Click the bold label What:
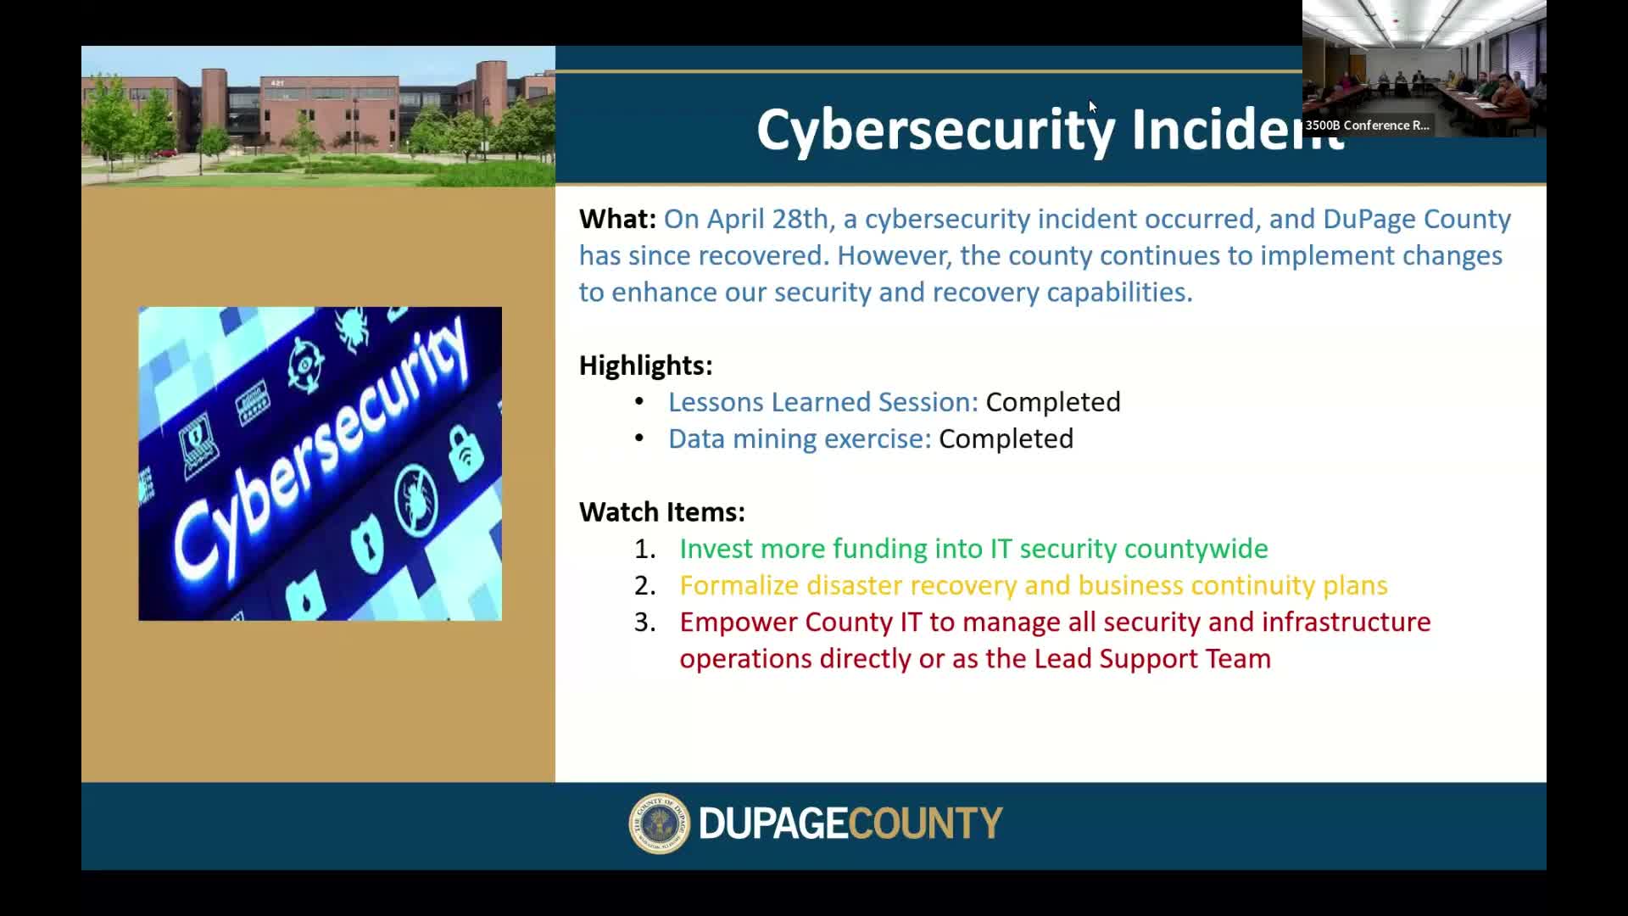pyautogui.click(x=617, y=219)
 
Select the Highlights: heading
pyautogui.click(x=646, y=366)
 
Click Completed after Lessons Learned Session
pyautogui.click(x=1053, y=402)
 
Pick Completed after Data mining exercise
pyautogui.click(x=1006, y=438)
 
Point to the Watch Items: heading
pyautogui.click(x=662, y=512)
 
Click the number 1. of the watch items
pyautogui.click(x=645, y=549)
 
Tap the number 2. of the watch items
pyautogui.click(x=645, y=585)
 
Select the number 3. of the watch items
pyautogui.click(x=645, y=622)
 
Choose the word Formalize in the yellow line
pyautogui.click(x=739, y=585)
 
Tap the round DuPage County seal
pyautogui.click(x=660, y=824)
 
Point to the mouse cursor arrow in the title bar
pyautogui.click(x=1093, y=107)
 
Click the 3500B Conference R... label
pyautogui.click(x=1367, y=126)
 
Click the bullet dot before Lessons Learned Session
pyautogui.click(x=639, y=401)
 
